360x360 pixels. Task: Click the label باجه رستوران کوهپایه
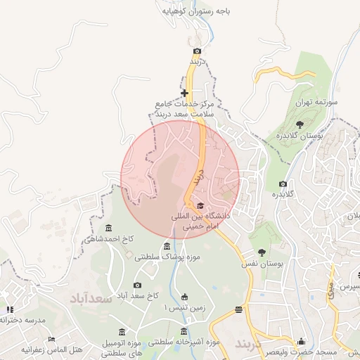(196, 12)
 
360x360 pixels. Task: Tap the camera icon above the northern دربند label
(197, 51)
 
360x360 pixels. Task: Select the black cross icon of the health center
(184, 93)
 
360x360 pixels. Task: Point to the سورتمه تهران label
(316, 102)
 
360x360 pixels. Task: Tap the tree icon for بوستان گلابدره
(300, 124)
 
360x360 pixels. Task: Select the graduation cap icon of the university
(200, 205)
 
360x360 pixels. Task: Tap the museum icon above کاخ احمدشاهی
(108, 228)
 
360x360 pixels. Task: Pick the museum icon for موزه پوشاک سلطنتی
(167, 246)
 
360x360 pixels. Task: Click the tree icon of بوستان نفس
(262, 252)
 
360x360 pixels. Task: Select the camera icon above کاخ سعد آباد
(137, 285)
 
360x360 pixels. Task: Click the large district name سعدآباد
(91, 299)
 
